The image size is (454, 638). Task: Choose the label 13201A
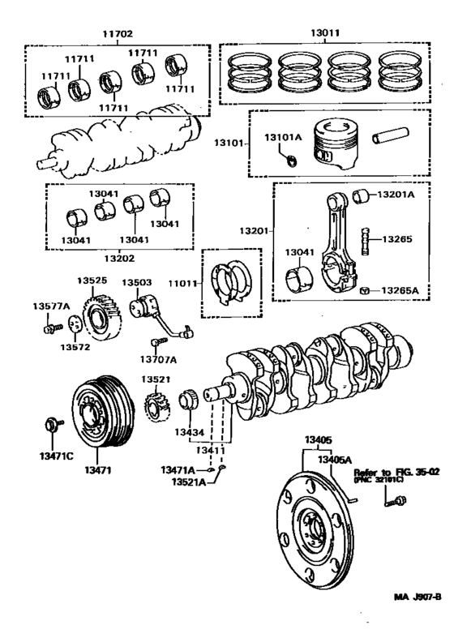coord(397,195)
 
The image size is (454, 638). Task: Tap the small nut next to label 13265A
coord(366,290)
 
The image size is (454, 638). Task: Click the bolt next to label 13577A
coord(51,328)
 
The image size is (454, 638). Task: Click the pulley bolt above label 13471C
coord(55,423)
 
